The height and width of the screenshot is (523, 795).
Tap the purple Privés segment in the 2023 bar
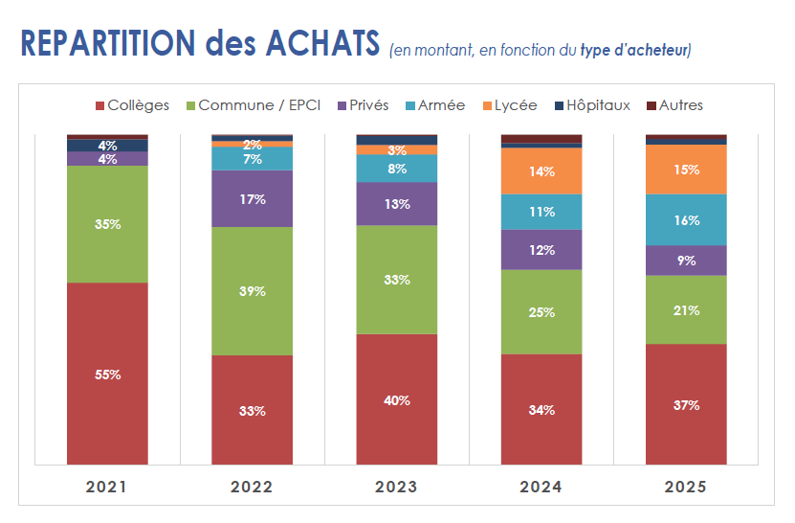pos(396,203)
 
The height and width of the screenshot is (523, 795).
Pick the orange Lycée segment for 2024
pos(541,171)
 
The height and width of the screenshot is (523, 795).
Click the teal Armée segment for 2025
pos(686,219)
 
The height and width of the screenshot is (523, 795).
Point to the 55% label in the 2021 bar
pos(107,375)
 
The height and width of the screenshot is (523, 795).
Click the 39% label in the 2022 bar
pos(252,291)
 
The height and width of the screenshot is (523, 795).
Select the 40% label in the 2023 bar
pos(396,400)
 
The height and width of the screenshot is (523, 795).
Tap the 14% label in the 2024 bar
pos(541,171)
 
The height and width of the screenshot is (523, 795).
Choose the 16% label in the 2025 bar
pos(686,219)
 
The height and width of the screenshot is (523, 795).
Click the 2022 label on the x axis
pos(252,487)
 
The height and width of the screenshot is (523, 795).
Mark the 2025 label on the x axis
pos(686,487)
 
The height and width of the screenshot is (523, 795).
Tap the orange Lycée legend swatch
pos(486,105)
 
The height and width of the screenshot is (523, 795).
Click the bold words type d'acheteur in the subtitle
pos(634,49)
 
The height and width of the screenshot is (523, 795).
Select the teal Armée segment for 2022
pos(252,158)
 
